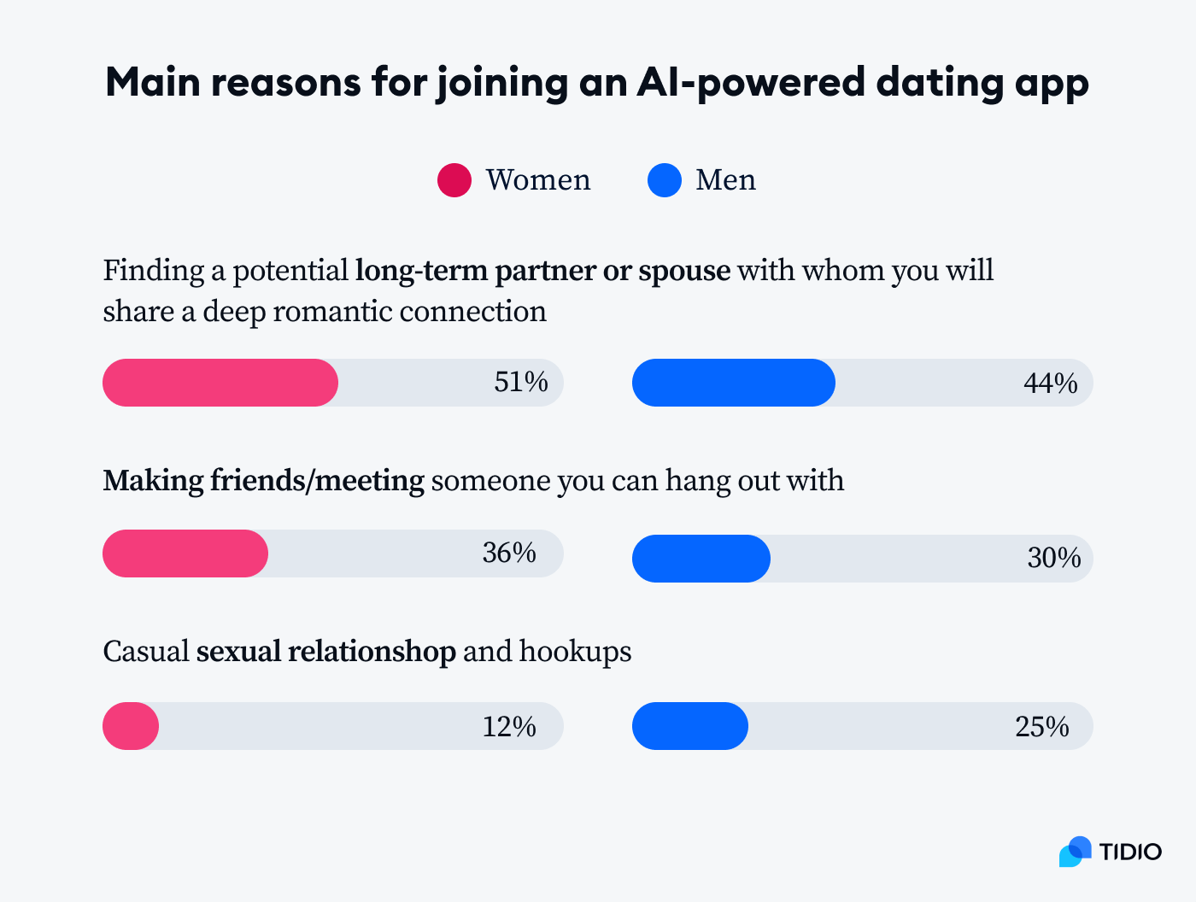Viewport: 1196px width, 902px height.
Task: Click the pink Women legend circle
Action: [x=454, y=180]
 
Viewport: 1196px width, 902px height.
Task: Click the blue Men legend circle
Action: [x=665, y=180]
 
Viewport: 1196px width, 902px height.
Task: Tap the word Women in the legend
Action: [x=538, y=180]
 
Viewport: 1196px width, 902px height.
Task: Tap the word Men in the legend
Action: [x=725, y=180]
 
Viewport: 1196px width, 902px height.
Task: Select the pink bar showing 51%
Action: [x=220, y=383]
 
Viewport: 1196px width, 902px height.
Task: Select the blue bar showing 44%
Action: [x=733, y=383]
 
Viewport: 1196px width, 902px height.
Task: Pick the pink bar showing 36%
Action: [x=185, y=553]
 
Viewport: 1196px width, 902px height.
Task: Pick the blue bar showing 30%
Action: [x=701, y=559]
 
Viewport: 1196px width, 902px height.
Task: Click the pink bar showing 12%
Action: [x=131, y=726]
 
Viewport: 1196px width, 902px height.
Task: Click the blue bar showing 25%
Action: [x=689, y=726]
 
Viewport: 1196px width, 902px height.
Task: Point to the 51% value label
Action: [x=521, y=382]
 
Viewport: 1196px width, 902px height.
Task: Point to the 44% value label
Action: [x=1050, y=384]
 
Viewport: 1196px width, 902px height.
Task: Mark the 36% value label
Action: [x=509, y=553]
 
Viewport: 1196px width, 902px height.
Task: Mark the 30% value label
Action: [x=1054, y=559]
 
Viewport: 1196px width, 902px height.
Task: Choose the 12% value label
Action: [x=509, y=727]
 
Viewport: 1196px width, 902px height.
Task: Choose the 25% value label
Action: [x=1042, y=727]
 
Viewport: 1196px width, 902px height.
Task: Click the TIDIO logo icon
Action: [x=1076, y=852]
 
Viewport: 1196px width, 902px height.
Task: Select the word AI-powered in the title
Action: [x=750, y=83]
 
